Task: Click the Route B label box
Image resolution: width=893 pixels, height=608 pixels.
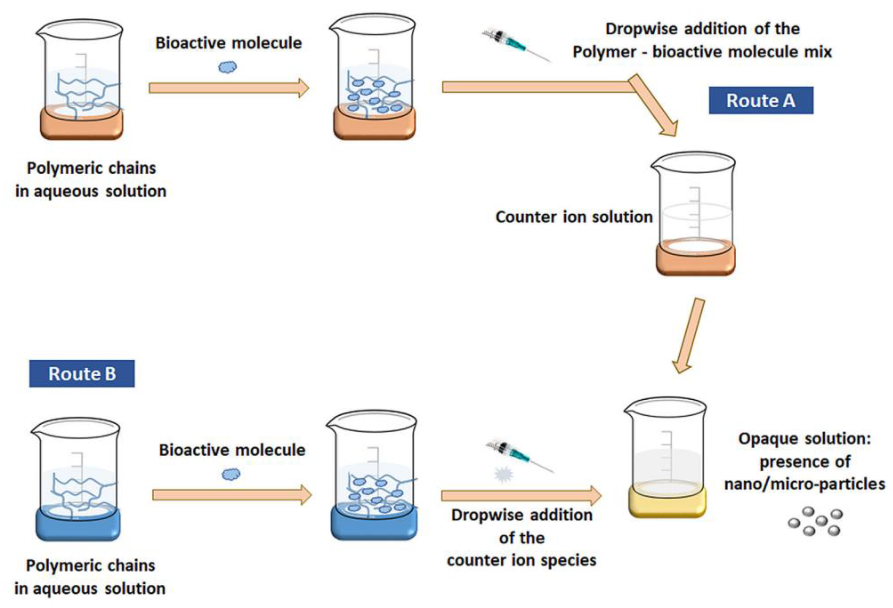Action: pos(82,373)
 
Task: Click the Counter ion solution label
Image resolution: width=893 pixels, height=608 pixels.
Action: pos(574,217)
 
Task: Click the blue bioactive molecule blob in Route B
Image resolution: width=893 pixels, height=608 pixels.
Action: pos(231,474)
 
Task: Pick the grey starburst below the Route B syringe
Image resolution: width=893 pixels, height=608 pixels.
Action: pos(503,475)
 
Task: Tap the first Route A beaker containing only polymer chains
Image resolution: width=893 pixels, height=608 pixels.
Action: pos(81,79)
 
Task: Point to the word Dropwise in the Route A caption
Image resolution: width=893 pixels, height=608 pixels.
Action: pos(642,29)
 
